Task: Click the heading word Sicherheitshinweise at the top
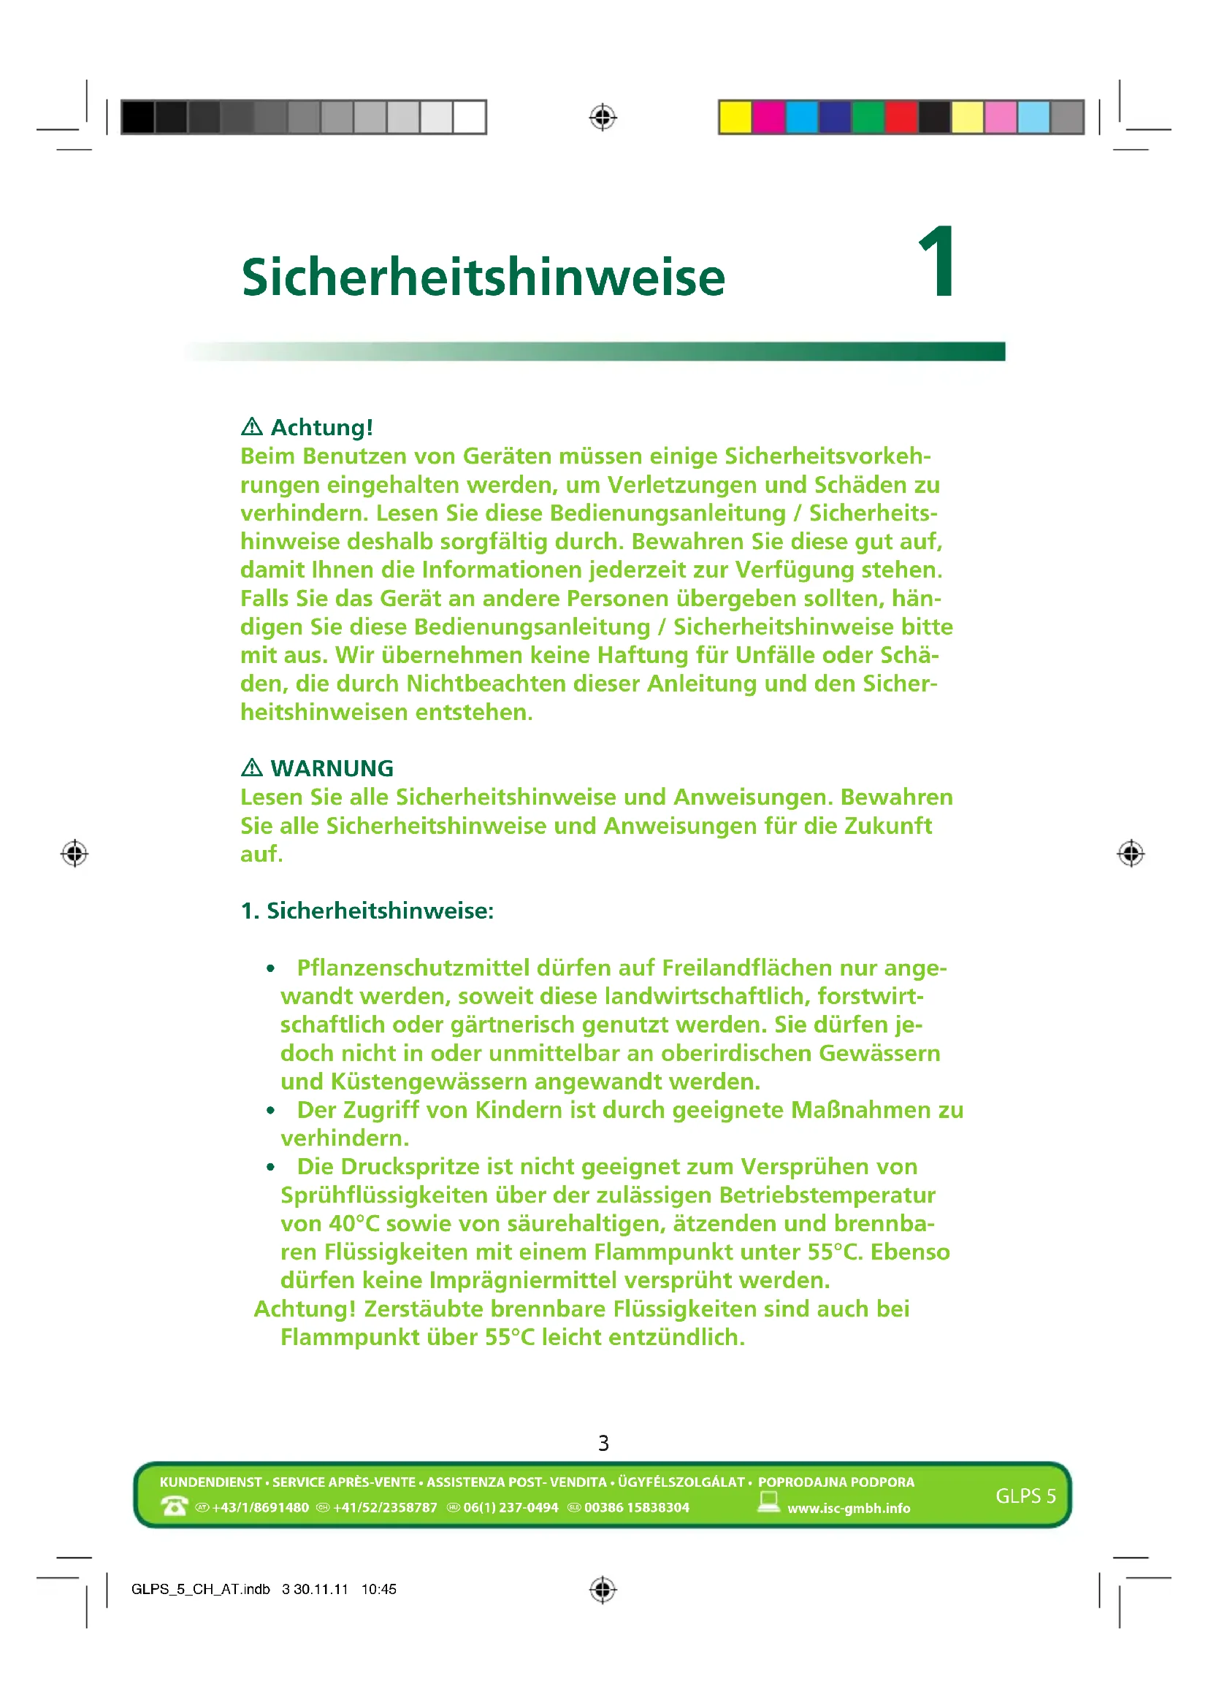[483, 277]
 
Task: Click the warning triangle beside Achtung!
[252, 427]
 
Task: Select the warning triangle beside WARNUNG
[252, 767]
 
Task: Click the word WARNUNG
[332, 768]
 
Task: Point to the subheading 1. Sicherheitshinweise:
[367, 911]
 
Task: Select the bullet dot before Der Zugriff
[271, 1111]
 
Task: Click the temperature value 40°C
[354, 1224]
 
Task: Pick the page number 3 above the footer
[603, 1443]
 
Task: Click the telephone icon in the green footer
[174, 1506]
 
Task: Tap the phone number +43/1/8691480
[260, 1508]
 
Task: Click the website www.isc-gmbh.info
[849, 1509]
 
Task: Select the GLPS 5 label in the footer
[1025, 1496]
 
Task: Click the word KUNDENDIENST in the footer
[210, 1482]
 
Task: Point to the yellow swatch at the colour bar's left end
[735, 118]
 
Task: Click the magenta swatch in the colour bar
[768, 118]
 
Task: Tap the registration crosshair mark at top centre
[603, 118]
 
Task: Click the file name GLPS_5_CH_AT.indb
[200, 1590]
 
